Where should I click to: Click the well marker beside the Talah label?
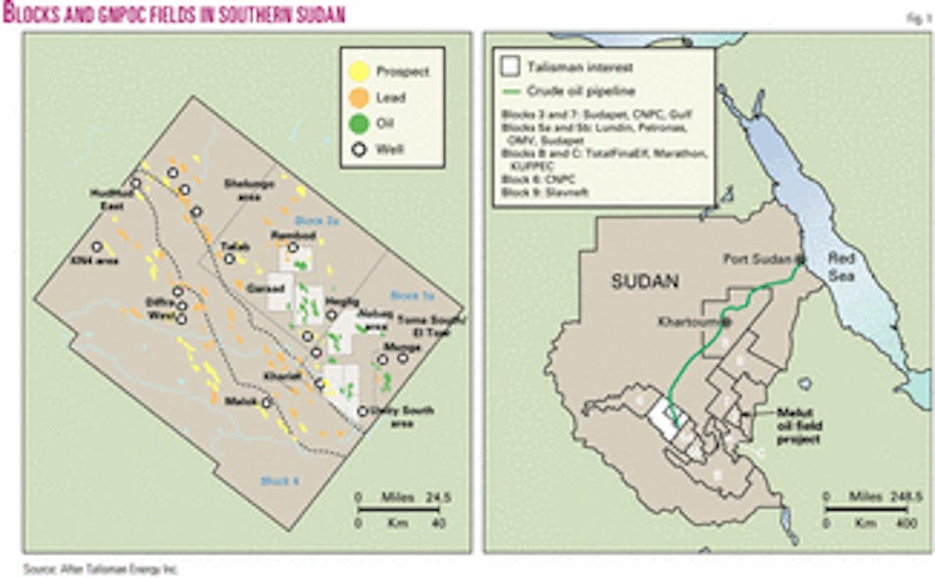point(230,259)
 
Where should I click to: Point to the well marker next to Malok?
point(266,402)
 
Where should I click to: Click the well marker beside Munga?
point(403,358)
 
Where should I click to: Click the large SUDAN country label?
point(644,281)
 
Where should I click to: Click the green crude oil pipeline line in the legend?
point(511,90)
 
